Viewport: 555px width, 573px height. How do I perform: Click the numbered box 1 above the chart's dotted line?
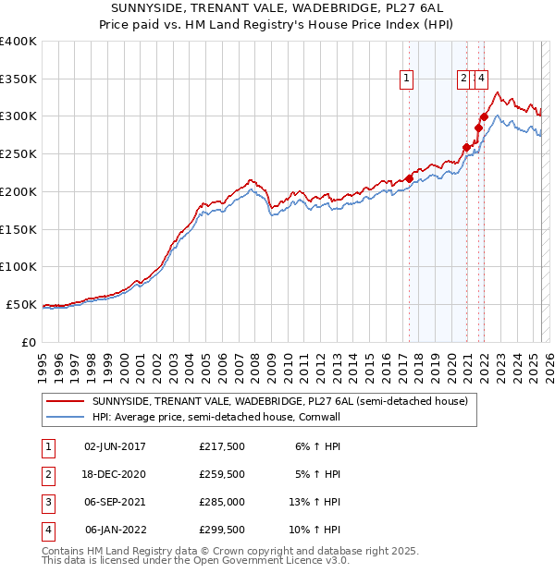(407, 79)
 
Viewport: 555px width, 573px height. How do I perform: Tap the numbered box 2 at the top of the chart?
(463, 79)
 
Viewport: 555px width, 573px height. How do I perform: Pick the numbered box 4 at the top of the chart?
(482, 79)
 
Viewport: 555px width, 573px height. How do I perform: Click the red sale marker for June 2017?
(409, 178)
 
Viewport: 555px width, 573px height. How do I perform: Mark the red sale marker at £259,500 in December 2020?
(466, 147)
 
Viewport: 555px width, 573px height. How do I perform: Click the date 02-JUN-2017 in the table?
(115, 446)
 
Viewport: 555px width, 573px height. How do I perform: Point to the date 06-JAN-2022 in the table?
(115, 530)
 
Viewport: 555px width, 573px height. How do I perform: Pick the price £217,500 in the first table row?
(221, 446)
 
